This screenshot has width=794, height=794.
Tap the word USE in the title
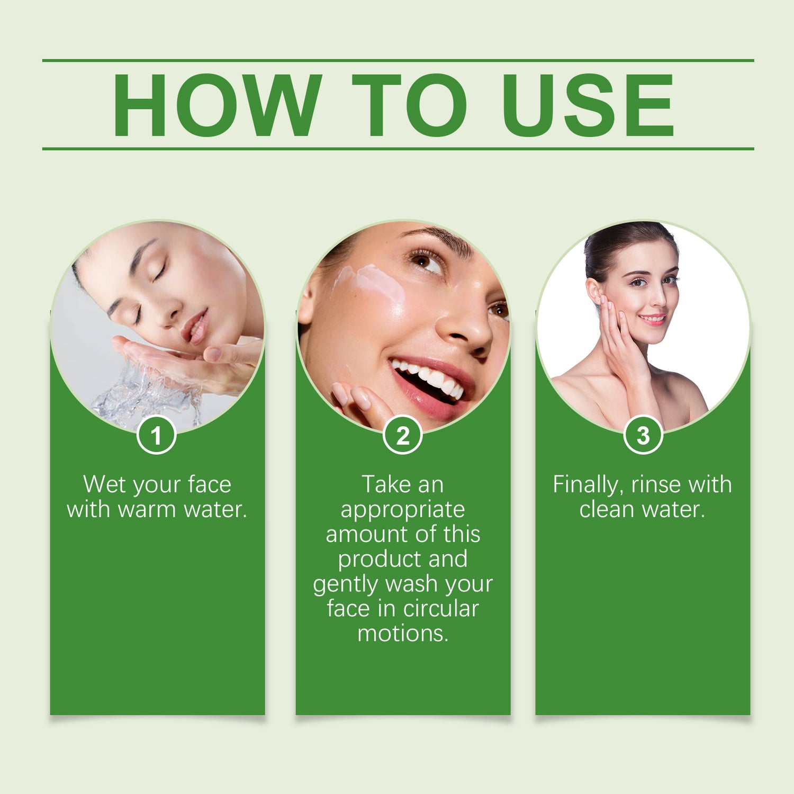pyautogui.click(x=588, y=105)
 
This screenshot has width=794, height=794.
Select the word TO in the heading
pyautogui.click(x=409, y=105)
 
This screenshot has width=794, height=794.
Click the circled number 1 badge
pyautogui.click(x=156, y=435)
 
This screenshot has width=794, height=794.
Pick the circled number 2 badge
pyautogui.click(x=403, y=435)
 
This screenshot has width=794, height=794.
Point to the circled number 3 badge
pyautogui.click(x=643, y=435)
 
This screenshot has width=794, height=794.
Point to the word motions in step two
pyautogui.click(x=402, y=634)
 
